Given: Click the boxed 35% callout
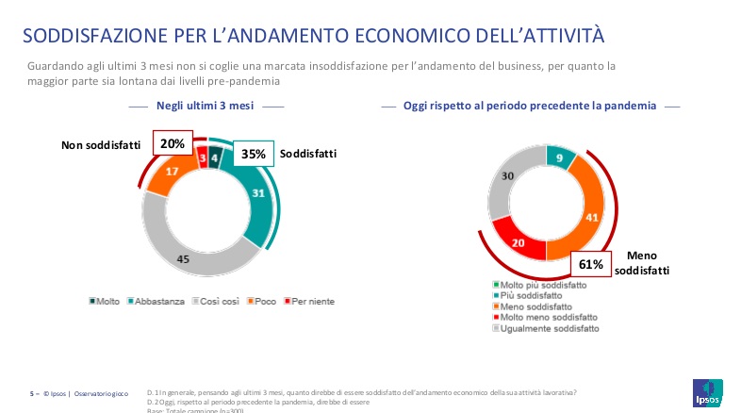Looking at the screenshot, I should click(253, 153).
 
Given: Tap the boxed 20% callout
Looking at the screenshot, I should click(172, 144).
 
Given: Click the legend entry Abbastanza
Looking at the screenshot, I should click(158, 301).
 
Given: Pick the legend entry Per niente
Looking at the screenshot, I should click(312, 301).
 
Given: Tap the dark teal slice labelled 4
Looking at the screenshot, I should click(215, 157).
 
